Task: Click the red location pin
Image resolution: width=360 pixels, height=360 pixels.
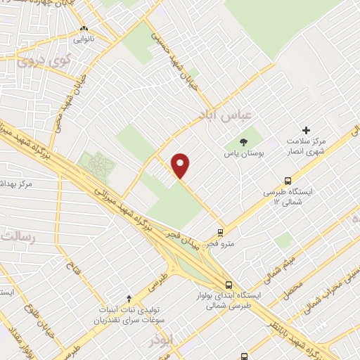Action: pyautogui.click(x=181, y=165)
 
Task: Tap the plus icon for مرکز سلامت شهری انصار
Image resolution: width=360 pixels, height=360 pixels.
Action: pyautogui.click(x=306, y=130)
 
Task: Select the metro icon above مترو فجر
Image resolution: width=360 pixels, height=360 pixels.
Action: pyautogui.click(x=221, y=232)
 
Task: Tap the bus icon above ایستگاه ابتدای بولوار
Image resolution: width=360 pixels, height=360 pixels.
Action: pyautogui.click(x=229, y=285)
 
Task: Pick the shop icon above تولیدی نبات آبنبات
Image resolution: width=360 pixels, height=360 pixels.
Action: pyautogui.click(x=128, y=298)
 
